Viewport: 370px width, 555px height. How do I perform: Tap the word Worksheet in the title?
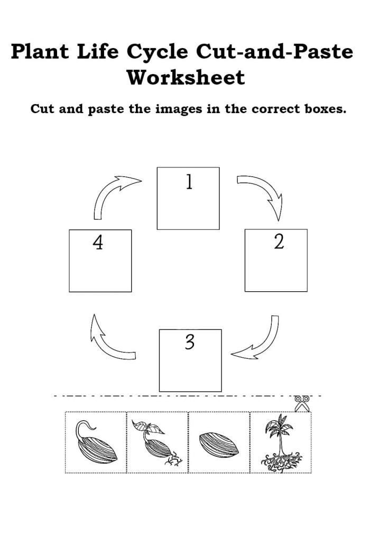pyautogui.click(x=186, y=77)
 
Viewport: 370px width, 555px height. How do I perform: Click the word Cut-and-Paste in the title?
pyautogui.click(x=275, y=52)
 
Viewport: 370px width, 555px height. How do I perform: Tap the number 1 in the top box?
pyautogui.click(x=189, y=182)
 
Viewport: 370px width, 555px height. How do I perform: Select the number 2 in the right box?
pyautogui.click(x=279, y=242)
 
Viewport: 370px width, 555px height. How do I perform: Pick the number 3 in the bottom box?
pyautogui.click(x=189, y=343)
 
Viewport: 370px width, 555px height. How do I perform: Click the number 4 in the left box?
pyautogui.click(x=98, y=243)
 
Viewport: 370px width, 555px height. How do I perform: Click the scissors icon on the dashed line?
pyautogui.click(x=302, y=404)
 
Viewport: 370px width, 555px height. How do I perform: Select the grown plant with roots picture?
pyautogui.click(x=280, y=443)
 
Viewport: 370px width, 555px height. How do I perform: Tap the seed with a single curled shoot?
pyautogui.click(x=96, y=443)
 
